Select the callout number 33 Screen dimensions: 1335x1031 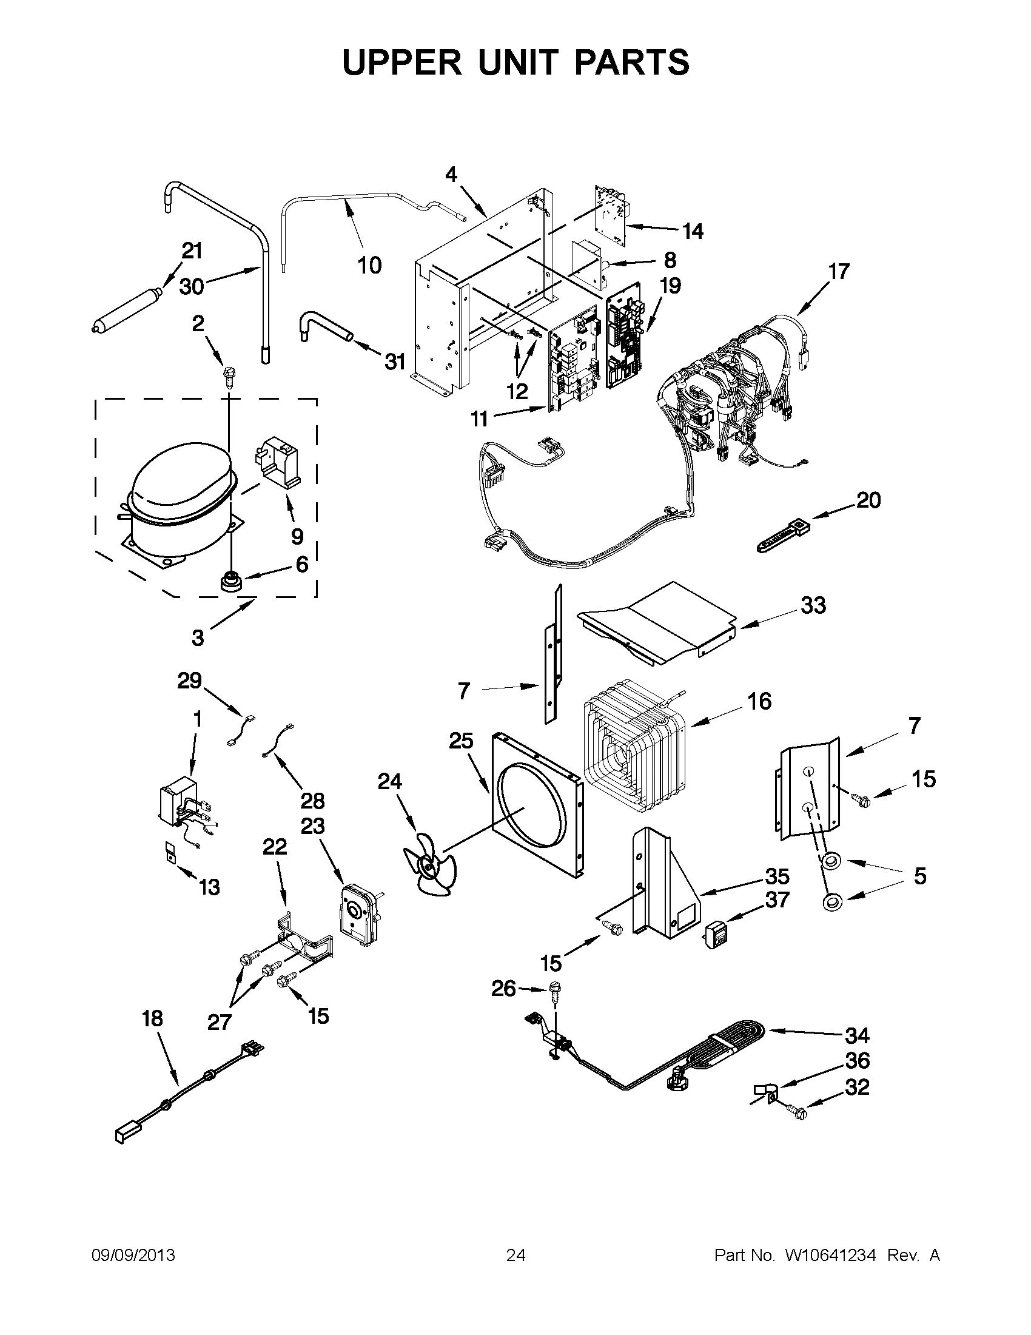(x=813, y=605)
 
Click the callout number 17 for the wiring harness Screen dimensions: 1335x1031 (x=839, y=271)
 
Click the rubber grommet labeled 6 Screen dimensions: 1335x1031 (x=231, y=580)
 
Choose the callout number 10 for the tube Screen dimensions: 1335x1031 (x=370, y=265)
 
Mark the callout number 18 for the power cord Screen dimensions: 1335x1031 (x=152, y=1019)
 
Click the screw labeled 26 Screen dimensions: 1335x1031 (x=556, y=989)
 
